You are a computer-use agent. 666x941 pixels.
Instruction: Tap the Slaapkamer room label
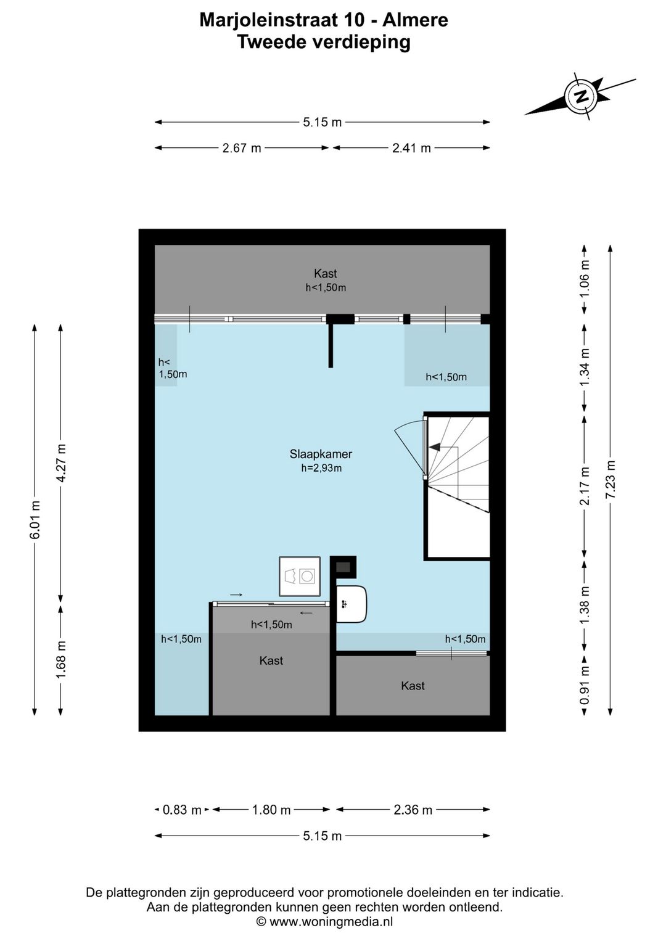click(321, 454)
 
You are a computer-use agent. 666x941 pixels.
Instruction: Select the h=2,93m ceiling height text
click(321, 468)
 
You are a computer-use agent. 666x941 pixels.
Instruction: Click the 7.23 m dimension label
click(610, 480)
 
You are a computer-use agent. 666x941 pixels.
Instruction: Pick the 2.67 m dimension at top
click(242, 148)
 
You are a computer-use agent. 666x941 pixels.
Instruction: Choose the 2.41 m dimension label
click(411, 148)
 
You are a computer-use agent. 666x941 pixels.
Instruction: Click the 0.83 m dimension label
click(182, 810)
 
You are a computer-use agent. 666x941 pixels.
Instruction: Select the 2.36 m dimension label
click(413, 810)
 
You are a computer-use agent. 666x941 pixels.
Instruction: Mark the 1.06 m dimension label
click(585, 278)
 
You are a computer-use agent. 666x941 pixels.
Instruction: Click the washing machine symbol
click(300, 577)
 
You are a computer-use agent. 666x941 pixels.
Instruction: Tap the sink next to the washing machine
click(351, 604)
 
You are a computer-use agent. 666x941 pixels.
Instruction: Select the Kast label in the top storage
click(325, 273)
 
